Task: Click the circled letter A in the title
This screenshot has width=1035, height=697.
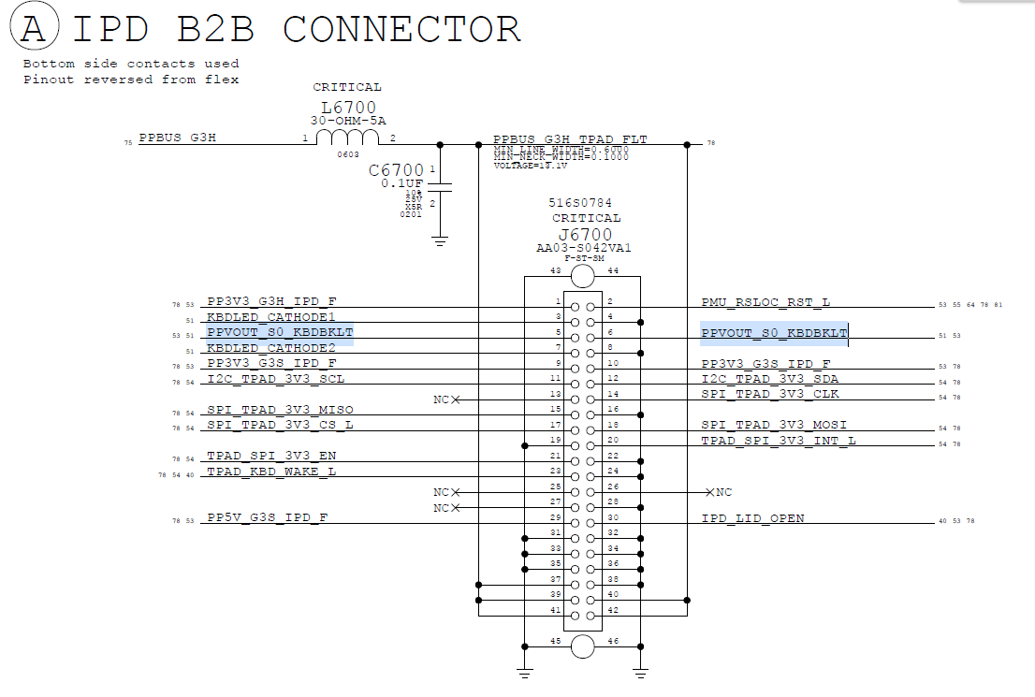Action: coord(34,29)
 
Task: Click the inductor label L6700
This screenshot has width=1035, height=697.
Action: coord(347,108)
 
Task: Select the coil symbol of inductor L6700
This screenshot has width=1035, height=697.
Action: coord(347,138)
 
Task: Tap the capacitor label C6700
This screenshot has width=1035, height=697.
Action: coord(397,170)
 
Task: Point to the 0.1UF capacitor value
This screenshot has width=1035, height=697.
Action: coord(403,183)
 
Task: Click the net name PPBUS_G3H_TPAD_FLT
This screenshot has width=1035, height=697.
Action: coord(570,139)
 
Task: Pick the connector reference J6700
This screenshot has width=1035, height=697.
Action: coord(585,234)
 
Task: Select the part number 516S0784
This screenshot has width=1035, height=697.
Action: coord(580,202)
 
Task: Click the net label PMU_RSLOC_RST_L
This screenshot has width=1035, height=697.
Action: coord(765,302)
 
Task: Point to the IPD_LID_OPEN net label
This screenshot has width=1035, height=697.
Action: coord(752,518)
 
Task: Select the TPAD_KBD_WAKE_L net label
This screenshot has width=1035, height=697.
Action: coord(271,471)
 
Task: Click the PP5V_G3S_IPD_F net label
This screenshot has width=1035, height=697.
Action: coord(267,517)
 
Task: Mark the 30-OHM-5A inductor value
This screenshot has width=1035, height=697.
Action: coord(347,121)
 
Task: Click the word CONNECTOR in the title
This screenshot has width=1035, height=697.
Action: coord(401,29)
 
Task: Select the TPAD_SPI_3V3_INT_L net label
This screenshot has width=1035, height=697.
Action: coord(779,440)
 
